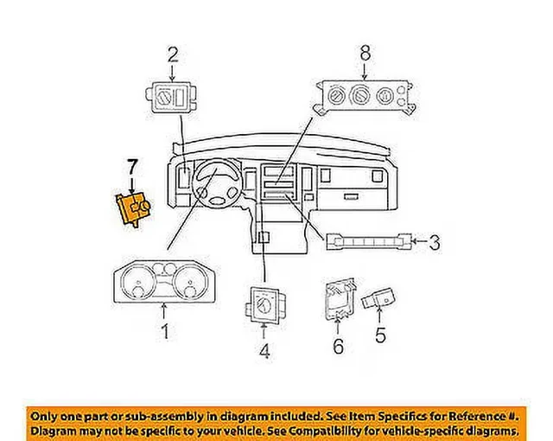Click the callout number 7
pos(132,167)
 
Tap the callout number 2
pos(173,55)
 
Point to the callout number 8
pos(365,53)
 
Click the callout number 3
pos(435,242)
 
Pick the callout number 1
pos(165,332)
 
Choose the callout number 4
pos(264,351)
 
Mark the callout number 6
pos(338,346)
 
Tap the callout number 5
pos(380,335)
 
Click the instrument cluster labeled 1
pos(164,282)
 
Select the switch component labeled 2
pos(172,98)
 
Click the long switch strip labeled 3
pos(369,241)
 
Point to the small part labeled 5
pos(378,298)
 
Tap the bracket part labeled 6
pos(340,299)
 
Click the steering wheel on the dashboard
pos(217,183)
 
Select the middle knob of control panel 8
pos(360,94)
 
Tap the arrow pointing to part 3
pos(420,241)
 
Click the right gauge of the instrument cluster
pos(190,281)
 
